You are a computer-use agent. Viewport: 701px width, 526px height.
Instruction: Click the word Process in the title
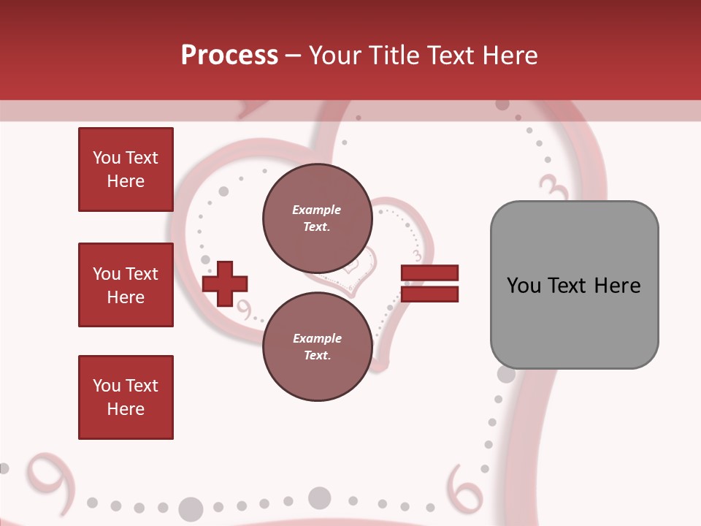[x=229, y=56]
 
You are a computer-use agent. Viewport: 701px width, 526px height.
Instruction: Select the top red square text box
[x=126, y=169]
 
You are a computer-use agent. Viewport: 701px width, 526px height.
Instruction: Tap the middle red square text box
[x=126, y=285]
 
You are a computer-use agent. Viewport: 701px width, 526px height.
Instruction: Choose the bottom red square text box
[x=126, y=397]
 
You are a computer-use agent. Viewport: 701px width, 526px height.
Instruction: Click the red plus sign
[x=225, y=283]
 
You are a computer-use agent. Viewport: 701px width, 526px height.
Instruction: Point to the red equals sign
[x=429, y=283]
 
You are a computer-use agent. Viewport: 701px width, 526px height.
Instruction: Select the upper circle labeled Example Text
[x=317, y=218]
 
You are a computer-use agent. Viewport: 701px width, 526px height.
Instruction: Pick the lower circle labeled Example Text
[x=317, y=347]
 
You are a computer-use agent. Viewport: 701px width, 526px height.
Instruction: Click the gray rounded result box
[x=574, y=285]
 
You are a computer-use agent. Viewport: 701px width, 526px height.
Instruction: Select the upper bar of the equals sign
[x=429, y=273]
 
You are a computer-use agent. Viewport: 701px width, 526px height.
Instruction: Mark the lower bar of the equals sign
[x=429, y=294]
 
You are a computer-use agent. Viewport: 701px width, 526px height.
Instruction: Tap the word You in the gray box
[x=524, y=286]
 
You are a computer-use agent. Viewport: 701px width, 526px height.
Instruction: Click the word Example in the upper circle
[x=317, y=210]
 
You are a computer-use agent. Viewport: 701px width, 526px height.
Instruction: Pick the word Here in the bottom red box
[x=126, y=409]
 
